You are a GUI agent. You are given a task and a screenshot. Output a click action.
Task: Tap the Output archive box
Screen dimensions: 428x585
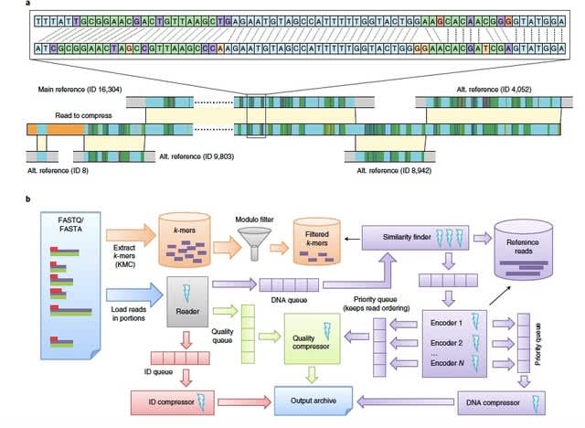pyautogui.click(x=314, y=399)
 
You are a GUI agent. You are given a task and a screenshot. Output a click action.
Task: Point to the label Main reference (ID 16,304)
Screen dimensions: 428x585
pyautogui.click(x=80, y=91)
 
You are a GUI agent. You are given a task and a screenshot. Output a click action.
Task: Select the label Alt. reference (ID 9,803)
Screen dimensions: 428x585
pyautogui.click(x=201, y=156)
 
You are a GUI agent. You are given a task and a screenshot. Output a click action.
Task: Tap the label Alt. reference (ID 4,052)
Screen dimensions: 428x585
pyautogui.click(x=498, y=91)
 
